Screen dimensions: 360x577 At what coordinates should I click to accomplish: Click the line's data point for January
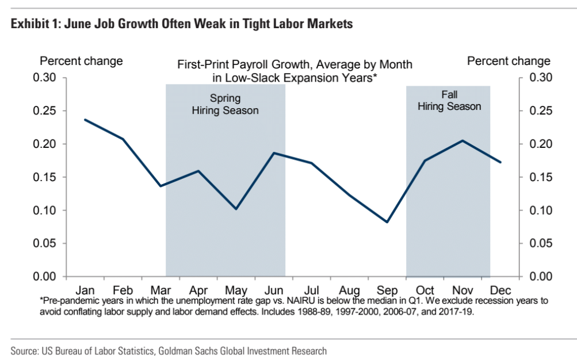(x=85, y=120)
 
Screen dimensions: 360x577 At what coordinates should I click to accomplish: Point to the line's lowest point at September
(x=387, y=222)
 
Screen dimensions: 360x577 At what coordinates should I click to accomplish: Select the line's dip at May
(x=236, y=209)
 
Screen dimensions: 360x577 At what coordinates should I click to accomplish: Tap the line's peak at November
(x=463, y=141)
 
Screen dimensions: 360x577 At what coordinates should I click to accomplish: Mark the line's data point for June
(x=274, y=153)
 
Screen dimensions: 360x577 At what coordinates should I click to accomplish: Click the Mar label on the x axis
(x=161, y=290)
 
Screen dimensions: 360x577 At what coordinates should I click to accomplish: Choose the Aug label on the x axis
(x=349, y=290)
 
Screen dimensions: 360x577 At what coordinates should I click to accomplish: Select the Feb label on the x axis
(x=123, y=290)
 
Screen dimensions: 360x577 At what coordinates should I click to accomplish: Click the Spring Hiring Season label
(x=225, y=104)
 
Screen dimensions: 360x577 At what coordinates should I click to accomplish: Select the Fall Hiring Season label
(x=449, y=100)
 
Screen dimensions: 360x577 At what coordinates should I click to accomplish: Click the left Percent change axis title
(x=81, y=61)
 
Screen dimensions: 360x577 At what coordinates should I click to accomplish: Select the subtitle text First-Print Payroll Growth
(x=260, y=64)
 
